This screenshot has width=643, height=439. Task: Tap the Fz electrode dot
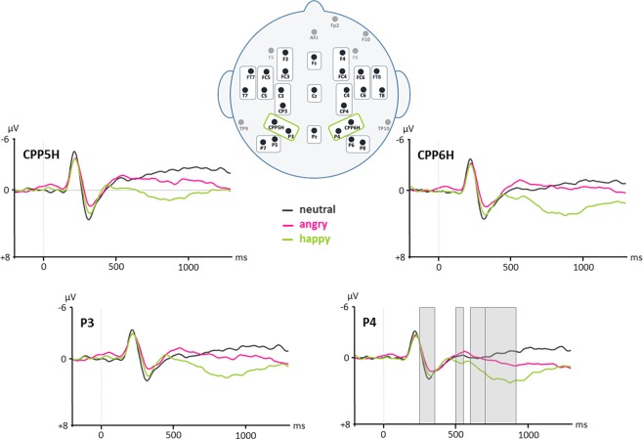pyautogui.click(x=313, y=60)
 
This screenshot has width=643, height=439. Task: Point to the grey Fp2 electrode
pyautogui.click(x=335, y=19)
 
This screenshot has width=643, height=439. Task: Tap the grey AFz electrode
pyautogui.click(x=313, y=31)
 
